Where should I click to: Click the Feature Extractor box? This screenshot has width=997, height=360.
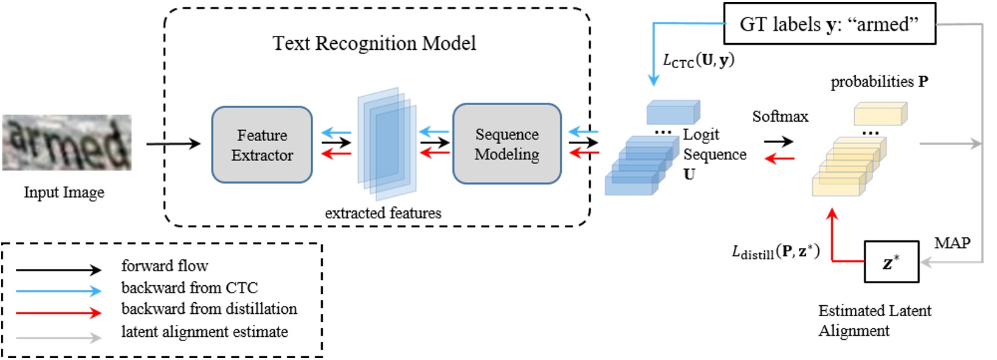point(262,145)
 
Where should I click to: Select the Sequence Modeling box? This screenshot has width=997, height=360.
point(506,144)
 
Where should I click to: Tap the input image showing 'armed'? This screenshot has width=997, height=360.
point(66,142)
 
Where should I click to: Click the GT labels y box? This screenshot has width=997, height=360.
point(829,24)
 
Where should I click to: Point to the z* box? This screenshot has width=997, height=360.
point(891,262)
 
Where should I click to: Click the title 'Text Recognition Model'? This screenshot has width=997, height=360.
point(374,43)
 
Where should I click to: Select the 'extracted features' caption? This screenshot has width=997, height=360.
point(383,213)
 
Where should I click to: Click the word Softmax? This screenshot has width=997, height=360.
point(780,116)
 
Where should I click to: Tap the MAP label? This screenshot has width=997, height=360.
point(952,243)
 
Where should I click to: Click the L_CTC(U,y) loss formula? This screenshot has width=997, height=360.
point(698,60)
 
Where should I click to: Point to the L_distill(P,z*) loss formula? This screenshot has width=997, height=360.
point(776,252)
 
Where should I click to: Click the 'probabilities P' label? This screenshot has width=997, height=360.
point(879,81)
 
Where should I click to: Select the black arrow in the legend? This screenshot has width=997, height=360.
point(58,269)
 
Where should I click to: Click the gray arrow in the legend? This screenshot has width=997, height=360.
point(58,337)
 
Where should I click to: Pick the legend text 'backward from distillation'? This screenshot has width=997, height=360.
point(209,309)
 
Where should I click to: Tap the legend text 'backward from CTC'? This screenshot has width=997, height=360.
point(190,288)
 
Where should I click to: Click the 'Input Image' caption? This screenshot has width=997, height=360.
point(64,192)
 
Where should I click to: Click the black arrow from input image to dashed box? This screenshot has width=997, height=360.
point(173,144)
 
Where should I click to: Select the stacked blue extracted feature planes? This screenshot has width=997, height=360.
point(387,144)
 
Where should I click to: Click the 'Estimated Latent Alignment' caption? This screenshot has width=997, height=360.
point(874,320)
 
